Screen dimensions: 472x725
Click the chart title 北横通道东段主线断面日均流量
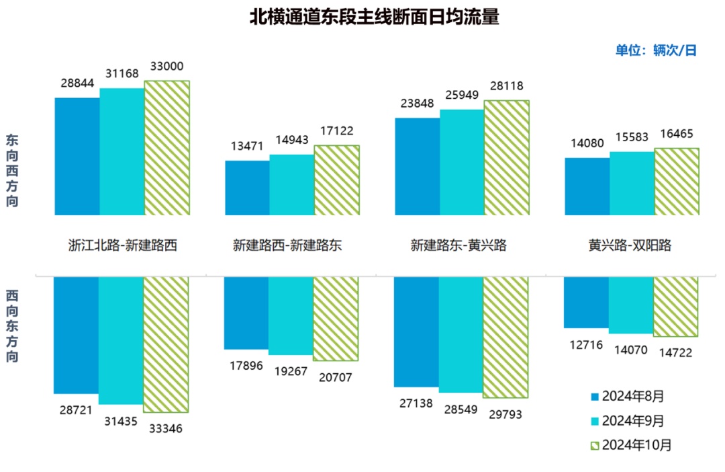click(x=375, y=17)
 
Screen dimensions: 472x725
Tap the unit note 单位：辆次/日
click(x=656, y=50)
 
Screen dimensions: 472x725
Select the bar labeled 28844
click(x=77, y=156)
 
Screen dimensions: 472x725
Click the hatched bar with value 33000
click(x=167, y=148)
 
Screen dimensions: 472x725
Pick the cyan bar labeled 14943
click(x=292, y=185)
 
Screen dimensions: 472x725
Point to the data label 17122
click(x=336, y=132)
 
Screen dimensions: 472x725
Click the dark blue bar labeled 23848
click(x=418, y=166)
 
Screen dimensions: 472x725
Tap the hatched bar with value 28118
click(x=507, y=158)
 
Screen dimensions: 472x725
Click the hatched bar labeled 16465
click(x=677, y=182)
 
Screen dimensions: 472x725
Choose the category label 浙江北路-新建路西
click(x=122, y=245)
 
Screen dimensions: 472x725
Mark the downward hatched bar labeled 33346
click(x=166, y=344)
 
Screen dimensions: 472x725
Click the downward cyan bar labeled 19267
click(x=291, y=315)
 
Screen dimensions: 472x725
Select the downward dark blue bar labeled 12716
click(x=587, y=302)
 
